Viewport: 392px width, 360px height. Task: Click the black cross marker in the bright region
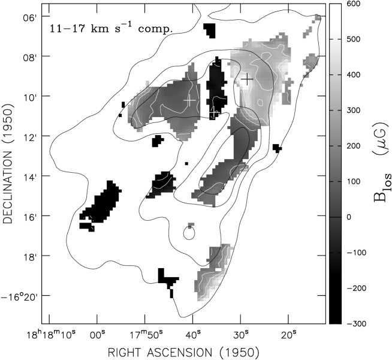tap(247, 79)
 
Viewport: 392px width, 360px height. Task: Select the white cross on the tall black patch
tap(215, 112)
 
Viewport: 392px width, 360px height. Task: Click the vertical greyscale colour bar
tap(335, 138)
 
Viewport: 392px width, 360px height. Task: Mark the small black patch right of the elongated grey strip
tap(277, 148)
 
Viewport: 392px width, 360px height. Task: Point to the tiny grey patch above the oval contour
tap(191, 226)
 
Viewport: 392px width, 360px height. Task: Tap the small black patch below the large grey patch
tap(158, 141)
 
